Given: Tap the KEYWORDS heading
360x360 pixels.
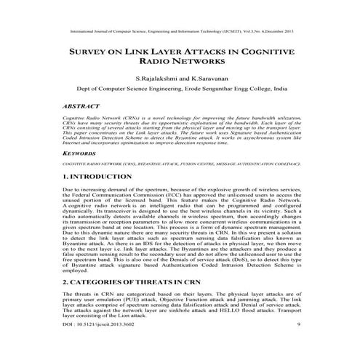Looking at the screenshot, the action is tap(84, 154).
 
